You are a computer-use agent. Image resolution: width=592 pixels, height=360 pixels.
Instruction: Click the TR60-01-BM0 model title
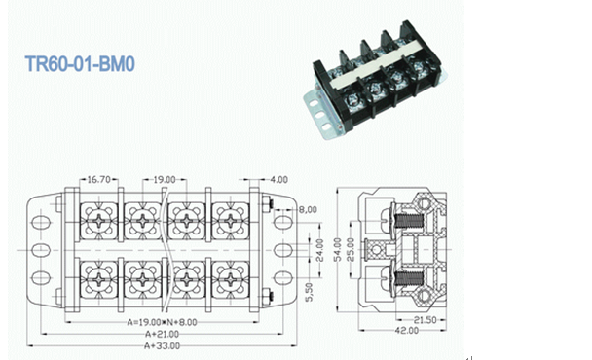[x=80, y=64]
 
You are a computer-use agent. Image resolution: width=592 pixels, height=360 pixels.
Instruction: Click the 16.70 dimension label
[x=98, y=180]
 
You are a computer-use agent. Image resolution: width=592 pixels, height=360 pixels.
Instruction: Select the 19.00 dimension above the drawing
[x=165, y=180]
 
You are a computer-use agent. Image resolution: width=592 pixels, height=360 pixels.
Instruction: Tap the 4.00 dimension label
[x=278, y=180]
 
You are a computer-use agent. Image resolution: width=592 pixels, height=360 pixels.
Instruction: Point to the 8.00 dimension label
[x=308, y=210]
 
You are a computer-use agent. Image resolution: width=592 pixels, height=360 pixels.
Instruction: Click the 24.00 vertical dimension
[x=319, y=250]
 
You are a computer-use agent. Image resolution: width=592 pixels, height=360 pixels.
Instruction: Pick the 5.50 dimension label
[x=309, y=293]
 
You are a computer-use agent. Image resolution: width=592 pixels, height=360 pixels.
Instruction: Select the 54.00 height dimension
[x=338, y=249]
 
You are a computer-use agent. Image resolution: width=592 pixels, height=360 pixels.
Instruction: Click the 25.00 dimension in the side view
[x=351, y=249]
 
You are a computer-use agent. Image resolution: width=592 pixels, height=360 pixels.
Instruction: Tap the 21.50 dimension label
[x=425, y=320]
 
